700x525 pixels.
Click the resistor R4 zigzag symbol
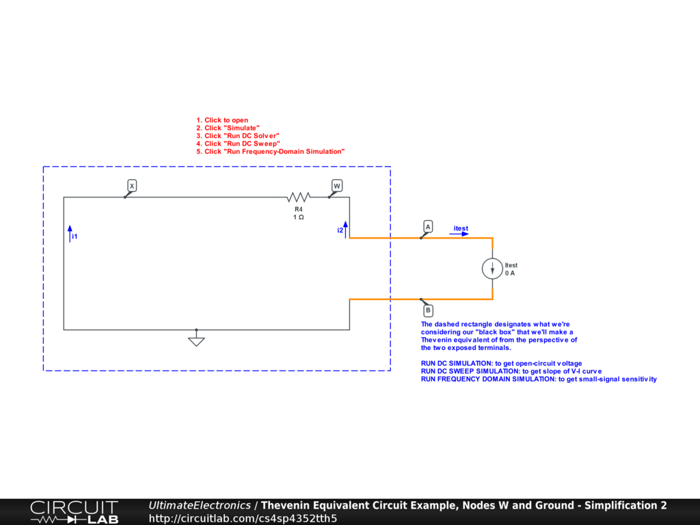pyautogui.click(x=299, y=197)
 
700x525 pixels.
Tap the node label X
pyautogui.click(x=132, y=186)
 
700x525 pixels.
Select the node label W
pyautogui.click(x=336, y=186)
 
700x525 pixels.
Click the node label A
pyautogui.click(x=428, y=226)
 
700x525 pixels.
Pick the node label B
pyautogui.click(x=428, y=310)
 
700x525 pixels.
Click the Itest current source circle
pyautogui.click(x=492, y=269)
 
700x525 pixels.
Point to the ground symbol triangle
pyautogui.click(x=196, y=340)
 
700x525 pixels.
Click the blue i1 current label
pyautogui.click(x=75, y=237)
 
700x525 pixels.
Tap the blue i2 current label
pyautogui.click(x=340, y=230)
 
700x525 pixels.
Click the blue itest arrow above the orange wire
pyautogui.click(x=459, y=234)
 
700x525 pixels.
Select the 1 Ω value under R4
pyautogui.click(x=299, y=217)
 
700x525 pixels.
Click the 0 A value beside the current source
pyautogui.click(x=510, y=273)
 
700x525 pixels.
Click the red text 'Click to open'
pyautogui.click(x=226, y=120)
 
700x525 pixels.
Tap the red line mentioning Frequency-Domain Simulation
pyautogui.click(x=274, y=151)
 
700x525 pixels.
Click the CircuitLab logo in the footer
pyautogui.click(x=74, y=511)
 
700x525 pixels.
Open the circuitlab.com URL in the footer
pyautogui.click(x=243, y=518)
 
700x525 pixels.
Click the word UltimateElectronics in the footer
pyautogui.click(x=200, y=505)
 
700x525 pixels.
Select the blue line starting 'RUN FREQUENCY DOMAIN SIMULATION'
pyautogui.click(x=539, y=379)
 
